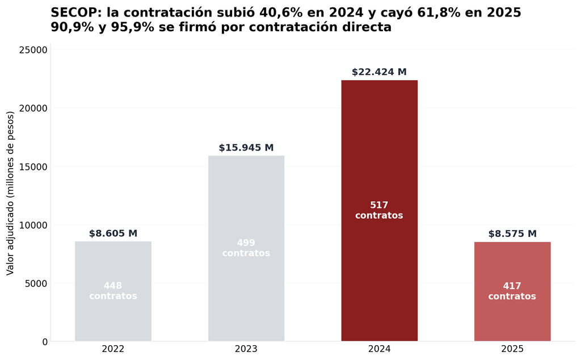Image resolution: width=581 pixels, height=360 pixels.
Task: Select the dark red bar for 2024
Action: [379, 211]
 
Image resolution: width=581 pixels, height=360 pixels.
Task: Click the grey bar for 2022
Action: [113, 291]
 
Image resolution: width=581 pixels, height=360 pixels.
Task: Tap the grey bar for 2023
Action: [246, 248]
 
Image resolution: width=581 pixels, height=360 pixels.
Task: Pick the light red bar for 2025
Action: [512, 291]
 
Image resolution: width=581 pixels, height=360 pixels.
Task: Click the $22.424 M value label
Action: [379, 72]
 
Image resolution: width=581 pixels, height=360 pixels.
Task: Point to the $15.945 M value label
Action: [246, 148]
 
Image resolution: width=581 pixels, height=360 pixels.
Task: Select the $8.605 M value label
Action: [113, 233]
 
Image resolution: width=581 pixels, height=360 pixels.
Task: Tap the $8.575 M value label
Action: [512, 234]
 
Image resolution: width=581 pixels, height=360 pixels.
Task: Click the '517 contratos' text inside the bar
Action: [379, 210]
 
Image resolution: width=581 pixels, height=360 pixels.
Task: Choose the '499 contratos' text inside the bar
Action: [246, 248]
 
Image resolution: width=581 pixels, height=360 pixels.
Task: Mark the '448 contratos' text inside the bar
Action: [113, 291]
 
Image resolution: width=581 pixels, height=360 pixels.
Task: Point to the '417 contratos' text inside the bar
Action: [512, 291]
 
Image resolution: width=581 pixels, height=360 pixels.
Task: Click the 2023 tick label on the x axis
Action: [246, 349]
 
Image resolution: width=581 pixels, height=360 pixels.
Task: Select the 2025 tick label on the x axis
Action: [512, 349]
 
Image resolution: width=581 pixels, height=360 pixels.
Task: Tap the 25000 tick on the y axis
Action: [33, 50]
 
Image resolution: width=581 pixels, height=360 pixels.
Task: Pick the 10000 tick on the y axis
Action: [33, 225]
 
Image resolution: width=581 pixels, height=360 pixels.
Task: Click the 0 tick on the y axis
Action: [45, 342]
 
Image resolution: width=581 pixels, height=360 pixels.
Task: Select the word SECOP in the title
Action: [77, 12]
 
